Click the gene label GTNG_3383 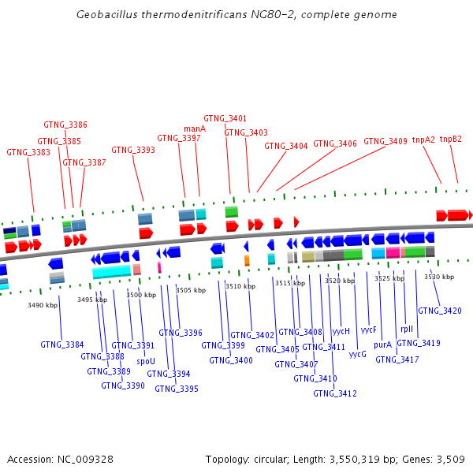(28, 152)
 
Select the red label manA (195, 128)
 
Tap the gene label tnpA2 (423, 140)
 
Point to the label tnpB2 (451, 139)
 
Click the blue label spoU (146, 361)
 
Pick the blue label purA (382, 345)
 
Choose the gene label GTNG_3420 (440, 311)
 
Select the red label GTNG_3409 (385, 142)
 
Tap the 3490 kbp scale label (43, 305)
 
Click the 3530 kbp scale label (439, 277)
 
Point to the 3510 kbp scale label (240, 286)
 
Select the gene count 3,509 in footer (449, 459)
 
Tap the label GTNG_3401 (225, 118)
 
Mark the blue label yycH (341, 331)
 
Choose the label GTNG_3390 (123, 385)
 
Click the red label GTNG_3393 (133, 150)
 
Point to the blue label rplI (407, 330)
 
